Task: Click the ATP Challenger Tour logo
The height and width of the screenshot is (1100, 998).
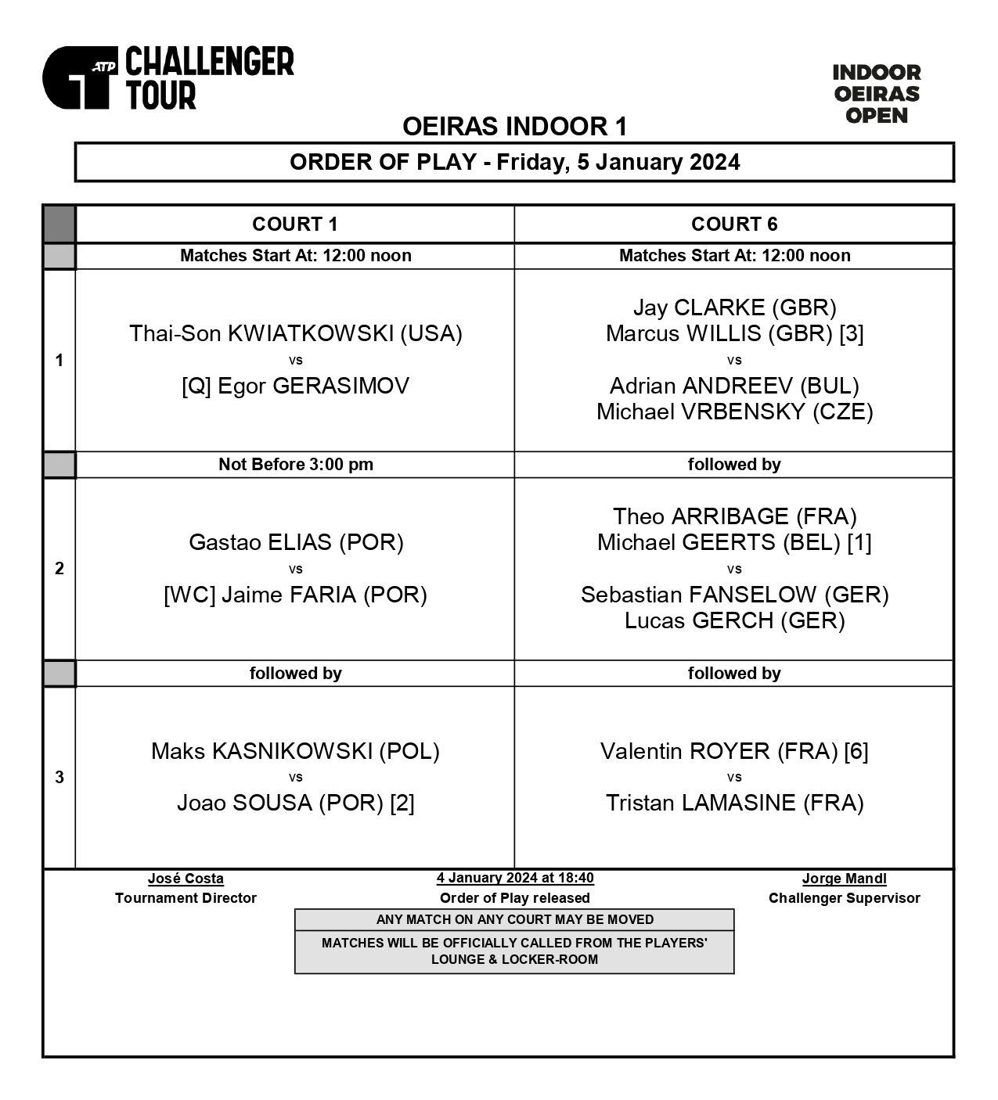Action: coord(168,77)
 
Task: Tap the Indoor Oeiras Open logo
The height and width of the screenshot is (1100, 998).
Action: coord(876,94)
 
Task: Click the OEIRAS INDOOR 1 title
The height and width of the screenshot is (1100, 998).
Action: coord(514,126)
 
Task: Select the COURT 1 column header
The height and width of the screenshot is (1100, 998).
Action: coord(295,225)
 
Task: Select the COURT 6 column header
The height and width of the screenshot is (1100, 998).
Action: coord(734,225)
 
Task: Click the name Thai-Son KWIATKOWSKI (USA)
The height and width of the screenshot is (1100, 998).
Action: coord(296,334)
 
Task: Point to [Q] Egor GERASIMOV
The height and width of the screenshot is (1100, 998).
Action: coord(296,386)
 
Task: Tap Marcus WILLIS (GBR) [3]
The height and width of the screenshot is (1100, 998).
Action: coord(734,334)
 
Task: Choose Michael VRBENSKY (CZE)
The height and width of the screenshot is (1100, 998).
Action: coord(734,412)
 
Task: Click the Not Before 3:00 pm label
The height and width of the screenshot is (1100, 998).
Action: coord(296,465)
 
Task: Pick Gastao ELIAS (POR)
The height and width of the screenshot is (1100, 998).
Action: coord(296,542)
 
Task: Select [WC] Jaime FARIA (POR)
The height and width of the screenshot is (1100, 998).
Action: coord(296,595)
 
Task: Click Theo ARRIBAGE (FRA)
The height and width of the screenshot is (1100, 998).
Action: coord(734,516)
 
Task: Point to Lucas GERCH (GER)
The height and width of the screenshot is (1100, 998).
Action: coord(734,620)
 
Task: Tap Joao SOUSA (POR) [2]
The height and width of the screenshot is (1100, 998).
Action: coord(296,803)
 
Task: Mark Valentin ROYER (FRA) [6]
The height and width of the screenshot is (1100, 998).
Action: coord(734,751)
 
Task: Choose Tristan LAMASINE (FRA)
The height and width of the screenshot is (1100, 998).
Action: coord(734,803)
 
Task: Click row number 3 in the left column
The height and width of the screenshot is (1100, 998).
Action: coord(59,777)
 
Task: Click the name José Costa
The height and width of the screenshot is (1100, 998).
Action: coord(186,879)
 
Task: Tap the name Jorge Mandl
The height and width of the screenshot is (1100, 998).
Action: coord(844,879)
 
